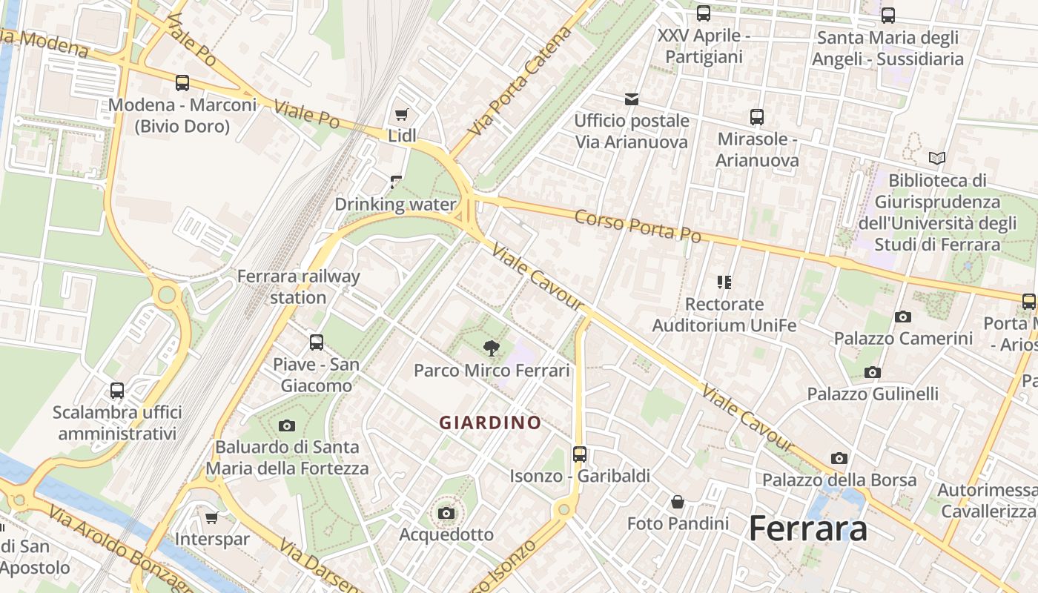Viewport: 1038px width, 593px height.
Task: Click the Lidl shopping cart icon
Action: pyautogui.click(x=401, y=114)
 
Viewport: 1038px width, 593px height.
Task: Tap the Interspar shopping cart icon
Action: pyautogui.click(x=212, y=517)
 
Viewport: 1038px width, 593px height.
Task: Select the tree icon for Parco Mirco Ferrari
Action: pyautogui.click(x=491, y=348)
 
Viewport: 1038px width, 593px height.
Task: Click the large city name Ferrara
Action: pyautogui.click(x=807, y=529)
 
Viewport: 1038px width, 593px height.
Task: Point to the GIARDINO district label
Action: pyautogui.click(x=490, y=423)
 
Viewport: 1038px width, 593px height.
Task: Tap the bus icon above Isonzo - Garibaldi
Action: pyautogui.click(x=580, y=454)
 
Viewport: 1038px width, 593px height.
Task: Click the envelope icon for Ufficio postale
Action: pyautogui.click(x=632, y=99)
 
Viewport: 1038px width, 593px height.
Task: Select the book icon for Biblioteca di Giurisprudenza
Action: pyautogui.click(x=937, y=158)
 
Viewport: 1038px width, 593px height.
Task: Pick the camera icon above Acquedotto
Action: pyautogui.click(x=446, y=513)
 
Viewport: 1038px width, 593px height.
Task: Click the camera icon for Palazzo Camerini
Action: pyautogui.click(x=902, y=317)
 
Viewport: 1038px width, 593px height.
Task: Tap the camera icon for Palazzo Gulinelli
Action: pyautogui.click(x=873, y=372)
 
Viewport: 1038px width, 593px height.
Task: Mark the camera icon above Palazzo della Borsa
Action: pyautogui.click(x=839, y=458)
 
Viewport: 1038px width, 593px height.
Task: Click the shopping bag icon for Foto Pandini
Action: pyautogui.click(x=678, y=502)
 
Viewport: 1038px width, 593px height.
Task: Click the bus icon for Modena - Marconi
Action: pyautogui.click(x=182, y=83)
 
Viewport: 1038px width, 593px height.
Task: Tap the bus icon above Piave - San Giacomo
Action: pyautogui.click(x=317, y=342)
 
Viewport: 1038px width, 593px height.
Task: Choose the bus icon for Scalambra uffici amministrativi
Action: pyautogui.click(x=117, y=390)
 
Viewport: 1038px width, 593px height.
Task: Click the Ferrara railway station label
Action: pyautogui.click(x=298, y=287)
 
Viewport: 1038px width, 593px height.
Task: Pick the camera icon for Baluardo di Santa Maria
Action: pyautogui.click(x=287, y=425)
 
